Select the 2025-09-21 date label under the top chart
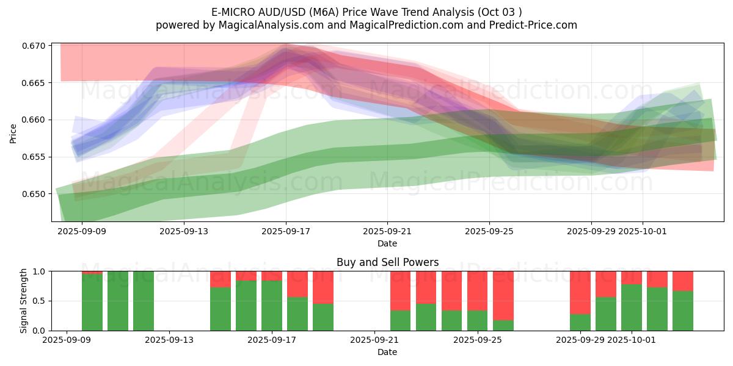(x=387, y=232)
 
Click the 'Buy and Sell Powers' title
(x=387, y=263)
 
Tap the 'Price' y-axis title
(x=13, y=133)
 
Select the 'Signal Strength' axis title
(x=24, y=301)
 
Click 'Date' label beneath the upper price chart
(x=387, y=243)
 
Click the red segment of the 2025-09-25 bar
(x=478, y=290)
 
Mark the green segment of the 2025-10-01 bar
(x=632, y=307)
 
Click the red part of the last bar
(x=683, y=281)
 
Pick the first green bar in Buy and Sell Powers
(x=92, y=302)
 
